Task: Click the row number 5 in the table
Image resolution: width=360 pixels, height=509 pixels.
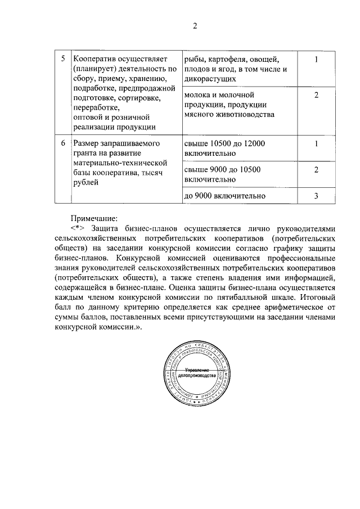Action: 62,59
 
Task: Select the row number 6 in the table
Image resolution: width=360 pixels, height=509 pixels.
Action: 62,143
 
